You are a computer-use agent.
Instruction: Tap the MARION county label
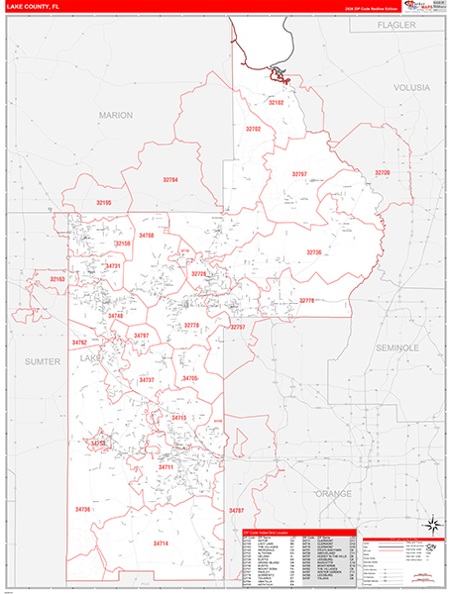click(115, 115)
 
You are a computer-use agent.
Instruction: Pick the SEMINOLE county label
click(398, 348)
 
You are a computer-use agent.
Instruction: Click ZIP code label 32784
click(170, 180)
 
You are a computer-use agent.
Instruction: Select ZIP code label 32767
click(299, 174)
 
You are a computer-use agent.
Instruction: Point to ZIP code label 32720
click(383, 173)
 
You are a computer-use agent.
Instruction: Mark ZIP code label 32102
click(277, 103)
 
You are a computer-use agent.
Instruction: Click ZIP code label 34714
click(161, 544)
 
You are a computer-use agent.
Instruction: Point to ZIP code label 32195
click(103, 203)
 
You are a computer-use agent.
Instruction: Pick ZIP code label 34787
click(236, 510)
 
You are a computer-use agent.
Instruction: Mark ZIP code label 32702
click(253, 130)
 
